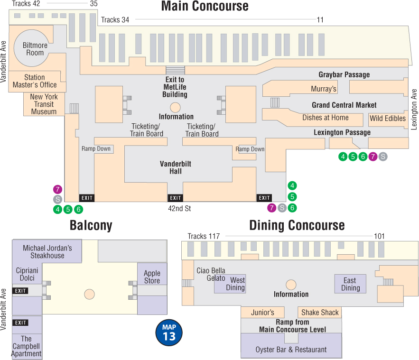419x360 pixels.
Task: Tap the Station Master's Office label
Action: (x=35, y=81)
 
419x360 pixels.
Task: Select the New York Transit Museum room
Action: (x=44, y=104)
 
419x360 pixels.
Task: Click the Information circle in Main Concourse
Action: (x=175, y=107)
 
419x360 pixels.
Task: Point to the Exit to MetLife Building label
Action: (x=175, y=87)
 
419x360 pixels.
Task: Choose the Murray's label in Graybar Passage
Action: (x=323, y=89)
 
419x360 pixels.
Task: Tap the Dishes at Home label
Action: (x=325, y=118)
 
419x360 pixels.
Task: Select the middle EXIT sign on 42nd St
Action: (x=175, y=198)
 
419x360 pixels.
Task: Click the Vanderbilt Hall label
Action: (x=175, y=167)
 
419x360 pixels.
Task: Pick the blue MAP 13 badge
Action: (x=169, y=333)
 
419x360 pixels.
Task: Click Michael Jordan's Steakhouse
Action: (x=47, y=251)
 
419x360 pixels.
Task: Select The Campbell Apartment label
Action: (x=26, y=346)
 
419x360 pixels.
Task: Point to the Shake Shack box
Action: (x=320, y=312)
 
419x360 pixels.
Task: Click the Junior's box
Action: (x=262, y=312)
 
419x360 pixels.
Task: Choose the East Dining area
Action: (x=350, y=284)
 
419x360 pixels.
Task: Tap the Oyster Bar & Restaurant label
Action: (x=291, y=350)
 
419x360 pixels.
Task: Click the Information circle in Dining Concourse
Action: (x=291, y=285)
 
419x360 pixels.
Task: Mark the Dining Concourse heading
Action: (x=297, y=225)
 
